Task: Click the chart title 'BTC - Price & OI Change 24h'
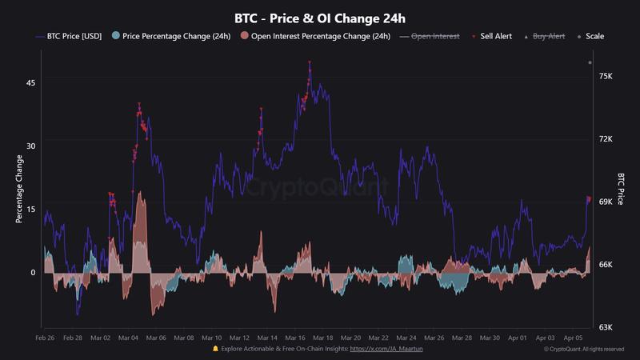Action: (x=319, y=17)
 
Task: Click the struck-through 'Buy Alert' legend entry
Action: (x=547, y=36)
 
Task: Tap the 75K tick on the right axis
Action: (x=606, y=77)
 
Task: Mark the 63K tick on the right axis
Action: (x=606, y=327)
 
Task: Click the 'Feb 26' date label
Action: (x=46, y=338)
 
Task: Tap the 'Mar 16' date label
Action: (x=295, y=338)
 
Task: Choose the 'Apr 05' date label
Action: (x=574, y=338)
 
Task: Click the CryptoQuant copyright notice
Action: (x=583, y=350)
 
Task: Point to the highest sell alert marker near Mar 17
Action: (x=310, y=62)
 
